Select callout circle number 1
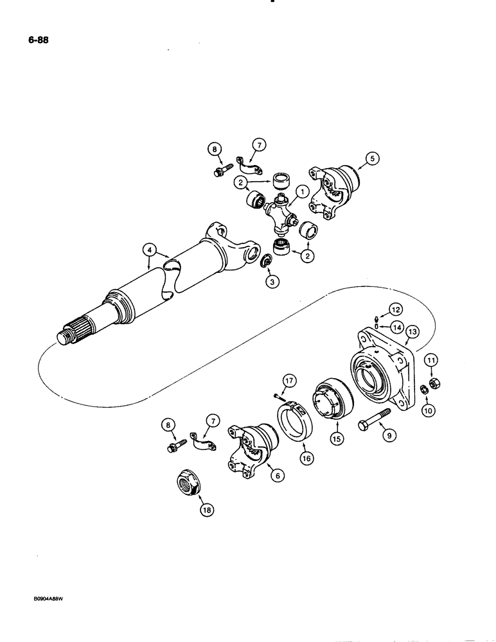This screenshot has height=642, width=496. point(300,191)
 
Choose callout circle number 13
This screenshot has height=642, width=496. point(411,332)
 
